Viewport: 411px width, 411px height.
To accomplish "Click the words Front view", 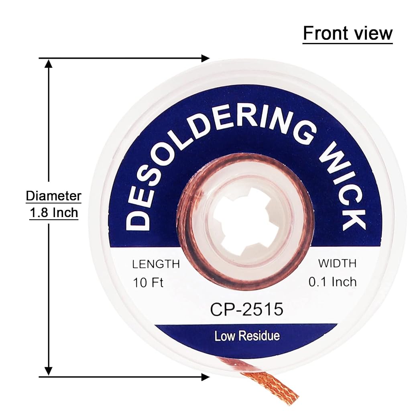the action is pyautogui.click(x=348, y=33).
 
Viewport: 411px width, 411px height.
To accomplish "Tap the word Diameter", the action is pyautogui.click(x=53, y=196).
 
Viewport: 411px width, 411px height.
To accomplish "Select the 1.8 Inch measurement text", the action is pyautogui.click(x=54, y=213).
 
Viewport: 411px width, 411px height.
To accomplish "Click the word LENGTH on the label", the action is pyautogui.click(x=156, y=264).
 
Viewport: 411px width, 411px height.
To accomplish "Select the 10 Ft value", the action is pyautogui.click(x=148, y=283).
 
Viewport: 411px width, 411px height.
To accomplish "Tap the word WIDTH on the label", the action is pyautogui.click(x=337, y=263).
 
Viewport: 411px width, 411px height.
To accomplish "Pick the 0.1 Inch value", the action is pyautogui.click(x=333, y=282).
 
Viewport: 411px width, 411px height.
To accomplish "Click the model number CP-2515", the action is pyautogui.click(x=247, y=309).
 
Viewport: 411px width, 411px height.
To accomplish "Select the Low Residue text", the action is pyautogui.click(x=247, y=336).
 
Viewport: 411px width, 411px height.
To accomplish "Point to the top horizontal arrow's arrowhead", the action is pyautogui.click(x=205, y=58).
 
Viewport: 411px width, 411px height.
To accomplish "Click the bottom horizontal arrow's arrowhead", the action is pyautogui.click(x=205, y=377).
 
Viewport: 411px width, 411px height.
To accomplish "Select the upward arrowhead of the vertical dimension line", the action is pyautogui.click(x=49, y=64).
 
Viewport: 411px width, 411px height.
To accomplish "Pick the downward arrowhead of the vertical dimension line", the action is pyautogui.click(x=49, y=371).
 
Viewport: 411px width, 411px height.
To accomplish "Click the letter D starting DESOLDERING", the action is pyautogui.click(x=138, y=223).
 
